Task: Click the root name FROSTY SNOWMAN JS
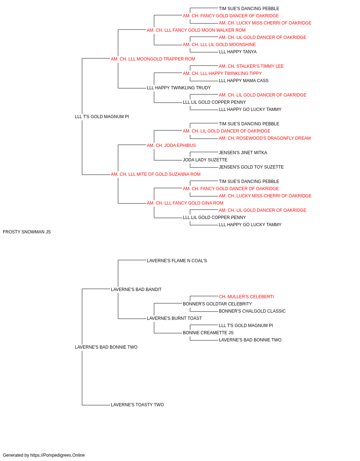point(27,232)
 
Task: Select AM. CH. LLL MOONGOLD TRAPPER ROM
point(153,59)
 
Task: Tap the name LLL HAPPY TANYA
point(238,52)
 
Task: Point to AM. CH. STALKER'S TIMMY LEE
point(251,66)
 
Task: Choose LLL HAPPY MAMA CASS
point(243,81)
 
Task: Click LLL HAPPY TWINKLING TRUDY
point(179,88)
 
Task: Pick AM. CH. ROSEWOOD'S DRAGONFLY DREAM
point(265,138)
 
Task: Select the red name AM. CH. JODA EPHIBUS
point(171,146)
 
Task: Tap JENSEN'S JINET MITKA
point(243,153)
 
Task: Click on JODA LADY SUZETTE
point(205,160)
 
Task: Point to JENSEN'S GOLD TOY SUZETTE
point(251,167)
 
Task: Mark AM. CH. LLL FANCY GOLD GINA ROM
point(185,203)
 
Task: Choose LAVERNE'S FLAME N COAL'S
point(177,261)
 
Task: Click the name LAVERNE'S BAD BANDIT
point(136,290)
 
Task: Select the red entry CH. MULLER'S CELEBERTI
point(246,297)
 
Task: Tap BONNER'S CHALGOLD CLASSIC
point(252,311)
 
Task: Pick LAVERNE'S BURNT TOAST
point(174,318)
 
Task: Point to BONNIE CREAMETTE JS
point(208,333)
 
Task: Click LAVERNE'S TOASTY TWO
point(137,405)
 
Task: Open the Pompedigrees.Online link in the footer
point(57,455)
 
